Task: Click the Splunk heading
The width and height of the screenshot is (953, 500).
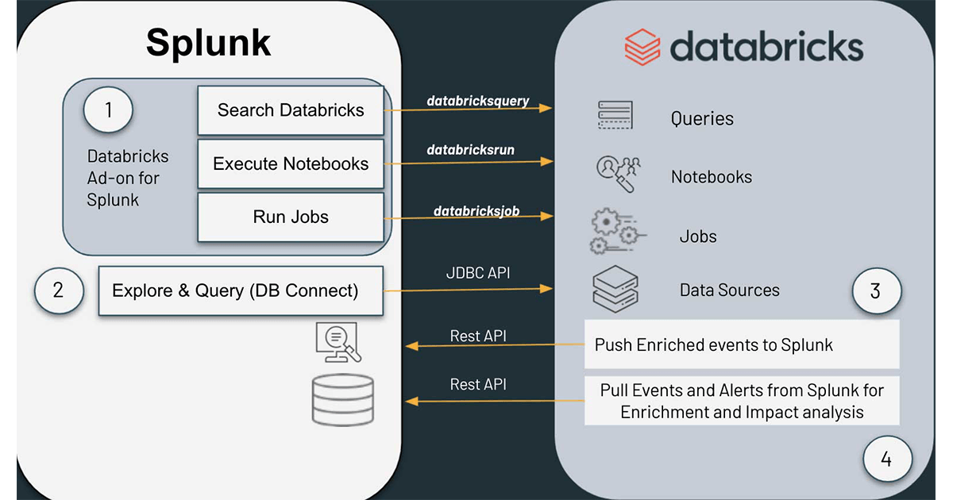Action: coord(208,44)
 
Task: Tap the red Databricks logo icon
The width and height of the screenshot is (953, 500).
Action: coord(642,47)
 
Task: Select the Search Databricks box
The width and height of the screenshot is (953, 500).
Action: coord(291,110)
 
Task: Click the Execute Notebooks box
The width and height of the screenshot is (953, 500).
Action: coord(291,164)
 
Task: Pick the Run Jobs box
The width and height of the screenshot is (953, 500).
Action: coord(291,217)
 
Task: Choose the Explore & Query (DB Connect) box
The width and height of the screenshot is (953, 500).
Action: coord(241,290)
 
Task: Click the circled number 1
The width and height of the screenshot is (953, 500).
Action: coord(108,110)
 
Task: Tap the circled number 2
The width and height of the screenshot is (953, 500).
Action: coord(58,290)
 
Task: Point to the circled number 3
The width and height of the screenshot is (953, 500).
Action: coord(876,290)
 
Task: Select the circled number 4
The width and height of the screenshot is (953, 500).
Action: coord(887,459)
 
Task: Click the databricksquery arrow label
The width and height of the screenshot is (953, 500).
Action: coord(478,102)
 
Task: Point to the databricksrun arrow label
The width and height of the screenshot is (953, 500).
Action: coord(470,149)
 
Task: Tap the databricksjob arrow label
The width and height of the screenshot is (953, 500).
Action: coord(476,211)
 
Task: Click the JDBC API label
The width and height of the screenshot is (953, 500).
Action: coord(478,273)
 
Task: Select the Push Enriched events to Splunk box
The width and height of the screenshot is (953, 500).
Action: coord(742,344)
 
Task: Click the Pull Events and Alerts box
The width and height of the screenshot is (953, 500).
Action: coord(742,401)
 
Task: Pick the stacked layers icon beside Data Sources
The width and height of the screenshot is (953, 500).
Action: coord(615,288)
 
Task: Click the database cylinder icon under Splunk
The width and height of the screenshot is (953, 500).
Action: coord(342,399)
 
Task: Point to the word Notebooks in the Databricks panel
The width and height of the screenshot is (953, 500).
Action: coord(711,177)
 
